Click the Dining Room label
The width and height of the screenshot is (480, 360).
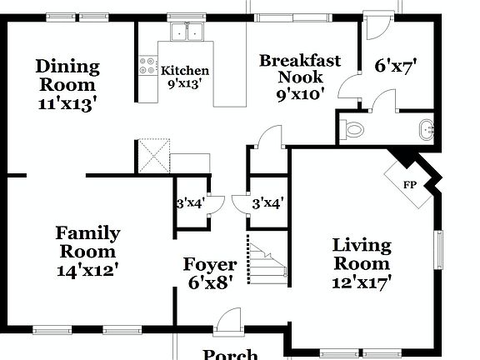click(x=67, y=75)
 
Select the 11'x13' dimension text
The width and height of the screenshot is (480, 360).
click(x=67, y=104)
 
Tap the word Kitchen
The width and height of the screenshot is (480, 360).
click(x=185, y=71)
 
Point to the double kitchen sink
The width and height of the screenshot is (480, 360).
click(x=187, y=32)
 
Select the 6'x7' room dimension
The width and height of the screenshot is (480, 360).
click(x=395, y=63)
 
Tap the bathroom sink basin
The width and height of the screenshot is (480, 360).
click(x=426, y=130)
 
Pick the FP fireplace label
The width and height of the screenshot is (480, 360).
click(x=409, y=185)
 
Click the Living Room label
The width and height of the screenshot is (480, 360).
click(x=362, y=254)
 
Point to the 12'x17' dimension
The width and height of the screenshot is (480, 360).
click(x=362, y=282)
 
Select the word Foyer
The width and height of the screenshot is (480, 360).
click(x=210, y=265)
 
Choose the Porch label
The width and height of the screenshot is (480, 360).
click(x=230, y=353)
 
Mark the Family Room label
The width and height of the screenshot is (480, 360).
click(x=87, y=242)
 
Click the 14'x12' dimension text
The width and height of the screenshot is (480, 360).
click(x=87, y=269)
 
